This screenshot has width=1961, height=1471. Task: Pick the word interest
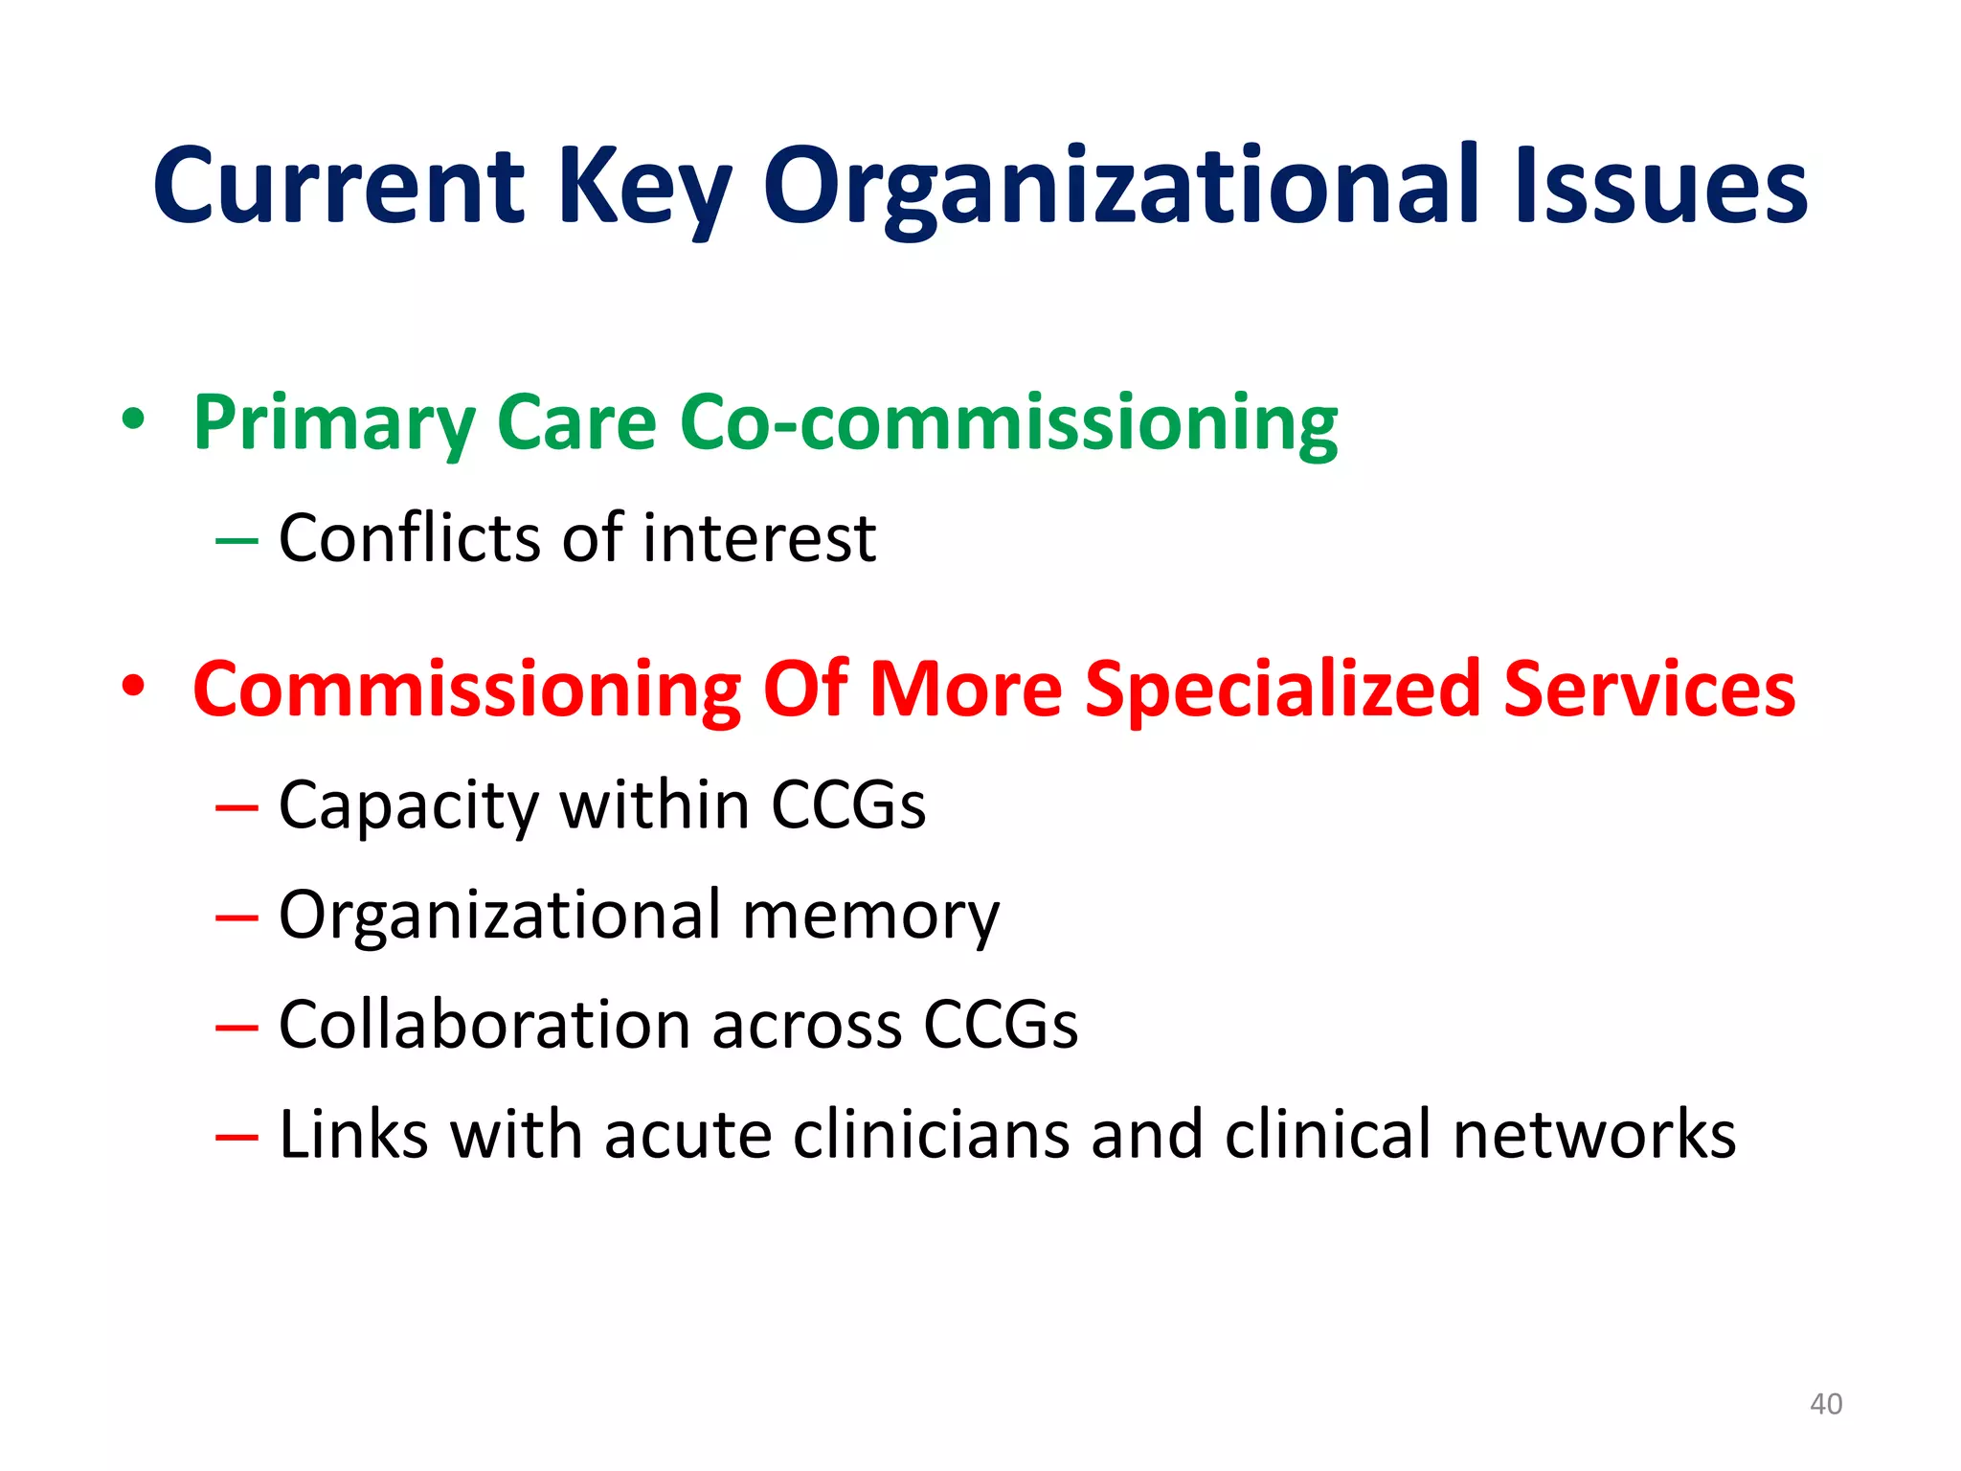pyautogui.click(x=758, y=537)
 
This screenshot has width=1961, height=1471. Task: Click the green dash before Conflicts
pyautogui.click(x=237, y=542)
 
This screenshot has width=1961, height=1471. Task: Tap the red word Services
pyautogui.click(x=1649, y=689)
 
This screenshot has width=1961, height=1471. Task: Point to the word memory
pyautogui.click(x=870, y=916)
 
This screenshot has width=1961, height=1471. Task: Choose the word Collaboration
pyautogui.click(x=485, y=1024)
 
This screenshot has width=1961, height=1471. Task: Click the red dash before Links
pyautogui.click(x=237, y=1138)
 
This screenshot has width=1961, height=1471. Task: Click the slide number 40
pyautogui.click(x=1825, y=1404)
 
